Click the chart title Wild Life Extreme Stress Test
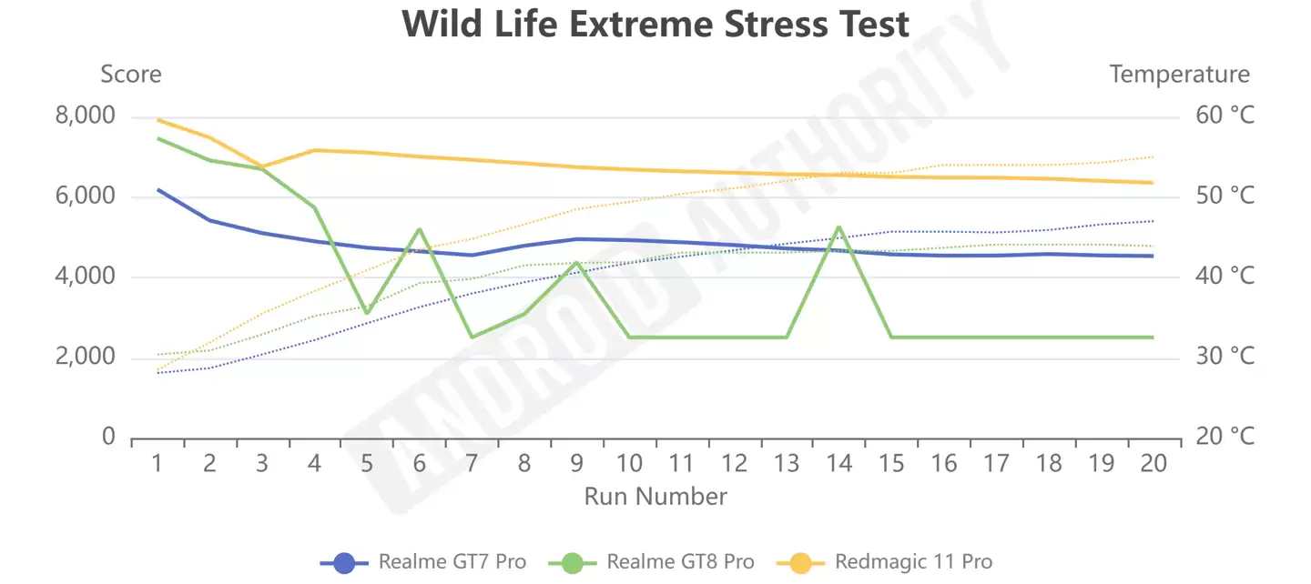(655, 25)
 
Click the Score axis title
(131, 74)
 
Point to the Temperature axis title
(1179, 74)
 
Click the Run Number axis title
(655, 497)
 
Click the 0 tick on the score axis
(109, 437)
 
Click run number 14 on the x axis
(838, 464)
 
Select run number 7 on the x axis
(472, 464)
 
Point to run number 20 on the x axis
(1153, 464)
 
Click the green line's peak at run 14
(838, 227)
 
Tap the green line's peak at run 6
(420, 229)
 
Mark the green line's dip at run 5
(367, 313)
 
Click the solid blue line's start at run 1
(158, 189)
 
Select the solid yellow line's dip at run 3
(262, 168)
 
